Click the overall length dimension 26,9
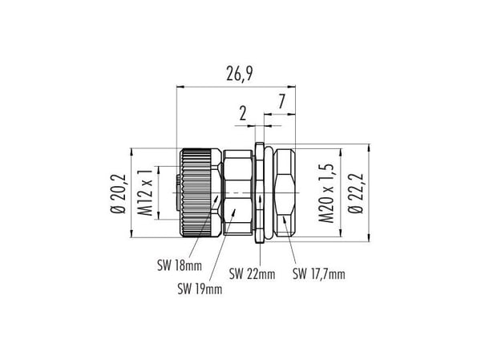coord(240,74)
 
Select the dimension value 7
coord(282,102)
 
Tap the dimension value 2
coord(243,113)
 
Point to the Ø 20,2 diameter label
coord(119,193)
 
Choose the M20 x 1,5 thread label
coord(326,193)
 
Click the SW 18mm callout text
coord(180,265)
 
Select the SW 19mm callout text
coord(200,289)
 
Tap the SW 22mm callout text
coord(253,273)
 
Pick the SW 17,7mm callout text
coord(319,273)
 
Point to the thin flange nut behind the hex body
coord(260,192)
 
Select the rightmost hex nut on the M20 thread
coord(285,192)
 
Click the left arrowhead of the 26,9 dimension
coord(180,87)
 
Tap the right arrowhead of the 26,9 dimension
coord(292,87)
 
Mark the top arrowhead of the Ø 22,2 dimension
coord(369,148)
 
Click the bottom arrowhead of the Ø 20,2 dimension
coord(131,234)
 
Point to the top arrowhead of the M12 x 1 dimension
coord(158,170)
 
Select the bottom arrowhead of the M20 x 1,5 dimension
coord(341,233)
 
